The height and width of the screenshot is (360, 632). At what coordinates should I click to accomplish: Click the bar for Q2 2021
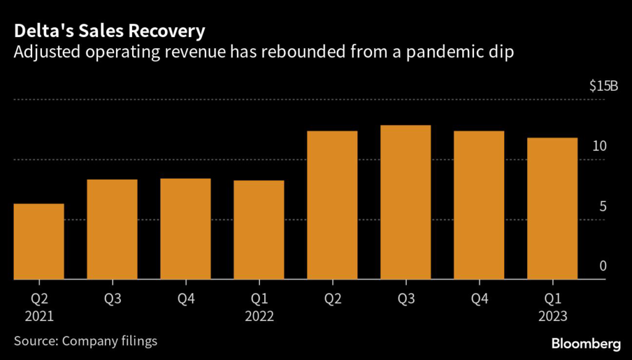point(39,241)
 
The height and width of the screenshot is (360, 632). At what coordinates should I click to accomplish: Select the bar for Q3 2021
point(112,230)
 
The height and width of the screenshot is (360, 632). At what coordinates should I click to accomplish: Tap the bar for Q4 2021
point(185,229)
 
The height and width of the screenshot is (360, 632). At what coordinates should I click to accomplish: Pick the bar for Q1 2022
point(259,230)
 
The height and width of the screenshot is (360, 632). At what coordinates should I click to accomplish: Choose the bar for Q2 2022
point(332,205)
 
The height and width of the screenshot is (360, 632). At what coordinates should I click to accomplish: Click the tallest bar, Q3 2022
point(405,203)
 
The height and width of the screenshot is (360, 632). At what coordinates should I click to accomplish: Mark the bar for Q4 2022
point(479,205)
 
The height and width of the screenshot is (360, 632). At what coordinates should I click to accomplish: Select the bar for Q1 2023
point(552,209)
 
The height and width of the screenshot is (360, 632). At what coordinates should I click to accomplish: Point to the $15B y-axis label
point(603,86)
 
